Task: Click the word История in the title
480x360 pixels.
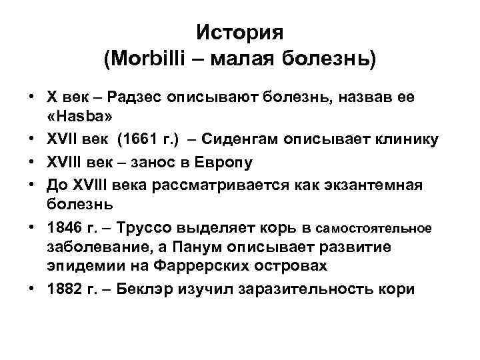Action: (240, 33)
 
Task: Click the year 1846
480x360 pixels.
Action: (66, 228)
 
